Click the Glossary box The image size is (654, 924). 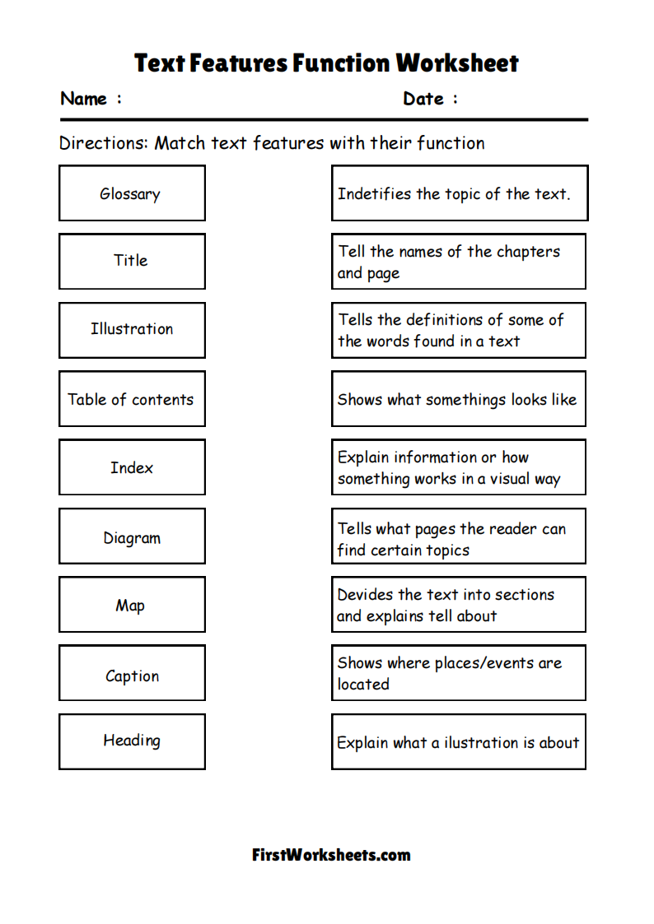click(132, 193)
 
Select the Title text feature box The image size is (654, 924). click(132, 261)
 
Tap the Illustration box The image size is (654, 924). click(132, 329)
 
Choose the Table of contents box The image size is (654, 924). click(132, 399)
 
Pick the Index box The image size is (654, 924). click(132, 467)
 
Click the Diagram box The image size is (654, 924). click(132, 537)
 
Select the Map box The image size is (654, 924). click(132, 606)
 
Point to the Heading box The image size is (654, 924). click(132, 741)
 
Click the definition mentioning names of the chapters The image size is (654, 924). click(458, 262)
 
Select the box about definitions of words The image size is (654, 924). click(458, 330)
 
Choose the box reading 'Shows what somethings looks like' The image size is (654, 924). click(458, 399)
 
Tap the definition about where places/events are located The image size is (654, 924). click(458, 673)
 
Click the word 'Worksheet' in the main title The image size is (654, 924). click(457, 63)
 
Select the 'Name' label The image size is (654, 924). click(84, 99)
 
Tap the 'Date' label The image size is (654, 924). click(423, 99)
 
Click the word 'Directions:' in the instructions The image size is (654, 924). click(104, 143)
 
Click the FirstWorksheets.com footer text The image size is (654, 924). click(331, 855)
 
